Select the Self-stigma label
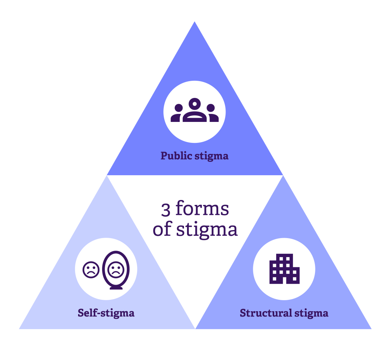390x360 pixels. click(x=106, y=313)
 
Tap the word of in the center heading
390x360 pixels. click(x=162, y=230)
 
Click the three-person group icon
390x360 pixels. click(x=195, y=111)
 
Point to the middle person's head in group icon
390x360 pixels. click(x=195, y=104)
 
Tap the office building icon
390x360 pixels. click(x=284, y=269)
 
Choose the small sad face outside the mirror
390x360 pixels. click(x=91, y=270)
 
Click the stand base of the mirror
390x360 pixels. click(x=116, y=288)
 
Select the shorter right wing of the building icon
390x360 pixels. click(x=294, y=275)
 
